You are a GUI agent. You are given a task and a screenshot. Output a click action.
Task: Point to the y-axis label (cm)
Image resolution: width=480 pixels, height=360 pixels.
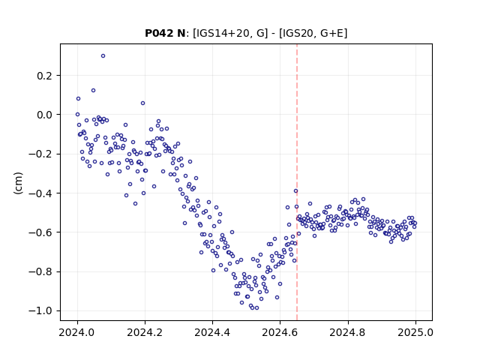click(x=18, y=183)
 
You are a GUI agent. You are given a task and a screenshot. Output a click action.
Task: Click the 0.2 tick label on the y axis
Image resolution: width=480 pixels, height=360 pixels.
click(x=45, y=76)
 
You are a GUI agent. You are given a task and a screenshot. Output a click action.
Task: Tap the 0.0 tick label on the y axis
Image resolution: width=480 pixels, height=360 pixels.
click(x=45, y=115)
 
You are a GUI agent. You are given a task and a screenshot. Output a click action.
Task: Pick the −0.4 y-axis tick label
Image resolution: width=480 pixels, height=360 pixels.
click(x=40, y=193)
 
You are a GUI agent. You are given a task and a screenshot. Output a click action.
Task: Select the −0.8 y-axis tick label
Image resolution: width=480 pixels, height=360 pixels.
click(x=40, y=271)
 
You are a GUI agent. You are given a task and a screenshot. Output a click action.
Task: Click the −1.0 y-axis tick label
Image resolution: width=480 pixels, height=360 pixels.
click(x=40, y=310)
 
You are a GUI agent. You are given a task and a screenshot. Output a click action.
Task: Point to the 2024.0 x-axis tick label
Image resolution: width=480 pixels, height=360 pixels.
click(x=77, y=332)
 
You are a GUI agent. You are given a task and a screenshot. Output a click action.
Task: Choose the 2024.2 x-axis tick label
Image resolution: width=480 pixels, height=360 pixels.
click(x=145, y=332)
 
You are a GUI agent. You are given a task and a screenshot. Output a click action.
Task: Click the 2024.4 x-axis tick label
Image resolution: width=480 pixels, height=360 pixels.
click(x=212, y=332)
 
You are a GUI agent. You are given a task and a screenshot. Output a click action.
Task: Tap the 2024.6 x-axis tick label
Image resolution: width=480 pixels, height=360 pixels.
click(x=280, y=332)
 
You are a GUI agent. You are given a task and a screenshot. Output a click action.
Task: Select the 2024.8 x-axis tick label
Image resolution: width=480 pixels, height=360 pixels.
click(x=348, y=332)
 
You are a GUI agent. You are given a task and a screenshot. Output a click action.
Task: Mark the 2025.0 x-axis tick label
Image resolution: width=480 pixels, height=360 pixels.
click(x=415, y=332)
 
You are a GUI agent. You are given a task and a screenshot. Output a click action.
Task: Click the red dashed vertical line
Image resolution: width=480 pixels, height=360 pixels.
click(x=297, y=182)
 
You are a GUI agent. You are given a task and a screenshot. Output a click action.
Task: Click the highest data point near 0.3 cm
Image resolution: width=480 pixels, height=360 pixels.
click(x=103, y=55)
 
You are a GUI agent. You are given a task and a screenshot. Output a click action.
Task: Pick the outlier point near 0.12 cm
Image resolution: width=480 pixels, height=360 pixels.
click(x=93, y=90)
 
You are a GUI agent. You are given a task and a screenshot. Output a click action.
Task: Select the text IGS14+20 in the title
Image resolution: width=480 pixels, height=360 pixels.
click(x=220, y=33)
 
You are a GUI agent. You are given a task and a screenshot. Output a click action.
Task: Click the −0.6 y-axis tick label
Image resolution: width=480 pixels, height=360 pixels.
click(x=40, y=232)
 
